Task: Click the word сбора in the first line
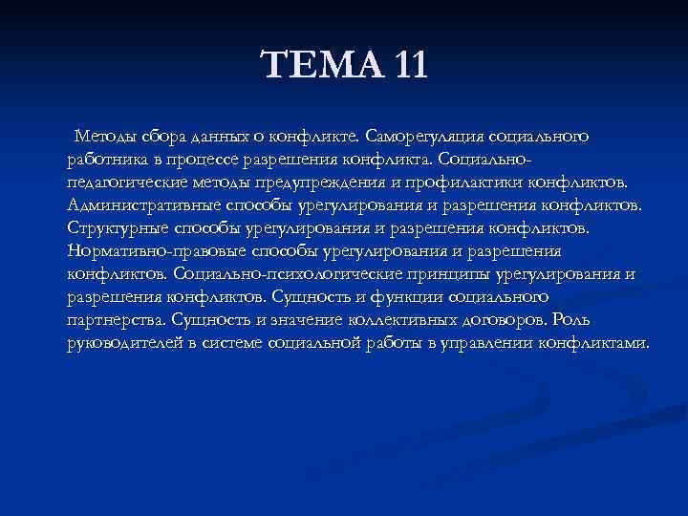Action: tap(163, 136)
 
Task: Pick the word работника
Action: tap(104, 159)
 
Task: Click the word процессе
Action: tap(205, 159)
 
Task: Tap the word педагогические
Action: tap(124, 182)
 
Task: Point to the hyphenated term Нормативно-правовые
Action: tap(157, 250)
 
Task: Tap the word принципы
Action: tap(448, 273)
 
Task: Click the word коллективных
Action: tap(382, 319)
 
